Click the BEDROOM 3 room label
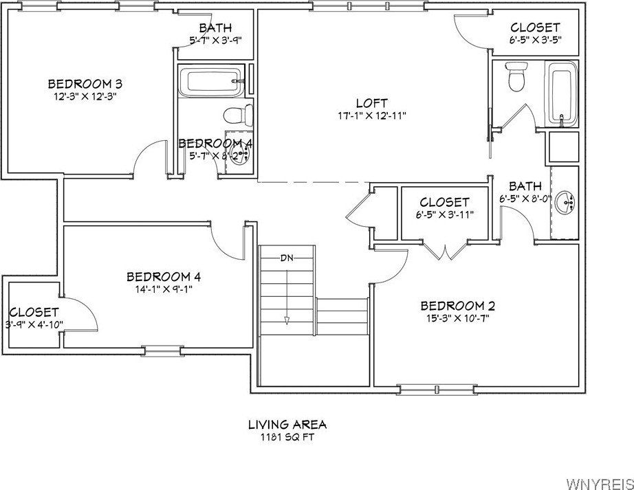tap(85, 84)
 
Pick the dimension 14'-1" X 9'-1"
tap(164, 290)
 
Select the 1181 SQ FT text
tap(287, 437)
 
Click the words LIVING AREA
tap(287, 424)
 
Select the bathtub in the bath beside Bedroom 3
tap(210, 82)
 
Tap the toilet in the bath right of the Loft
tap(515, 77)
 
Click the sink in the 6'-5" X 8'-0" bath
tap(567, 201)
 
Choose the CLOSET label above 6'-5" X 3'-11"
tap(444, 202)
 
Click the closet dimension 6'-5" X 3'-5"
tap(535, 41)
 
